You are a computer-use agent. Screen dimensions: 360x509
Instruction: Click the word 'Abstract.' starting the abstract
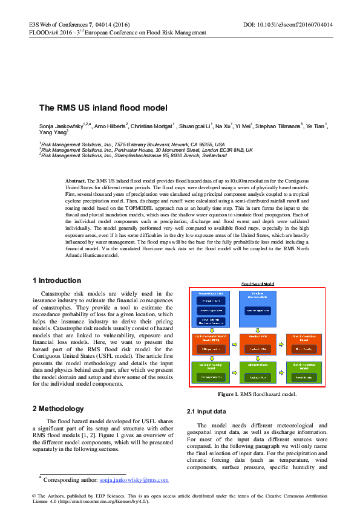76,181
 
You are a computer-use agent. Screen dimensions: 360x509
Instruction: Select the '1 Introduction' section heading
56,280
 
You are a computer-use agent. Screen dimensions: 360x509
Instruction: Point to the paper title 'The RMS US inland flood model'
103,108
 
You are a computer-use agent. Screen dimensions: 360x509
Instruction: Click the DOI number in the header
305,25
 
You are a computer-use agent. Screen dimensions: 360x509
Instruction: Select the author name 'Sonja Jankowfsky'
61,126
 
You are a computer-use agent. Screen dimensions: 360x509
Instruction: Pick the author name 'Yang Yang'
53,132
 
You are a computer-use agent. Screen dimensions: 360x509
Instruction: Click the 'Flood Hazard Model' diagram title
258,283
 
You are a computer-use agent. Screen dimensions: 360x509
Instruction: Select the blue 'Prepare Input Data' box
211,310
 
